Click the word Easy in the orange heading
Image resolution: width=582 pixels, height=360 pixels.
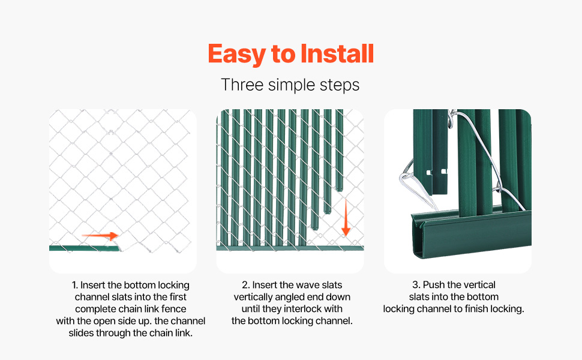(237, 54)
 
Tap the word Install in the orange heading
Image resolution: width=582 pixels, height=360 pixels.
(337, 53)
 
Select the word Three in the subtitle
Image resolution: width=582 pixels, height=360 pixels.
(242, 85)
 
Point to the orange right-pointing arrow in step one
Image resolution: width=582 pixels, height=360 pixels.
(100, 236)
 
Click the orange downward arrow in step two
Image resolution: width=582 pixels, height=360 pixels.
(346, 217)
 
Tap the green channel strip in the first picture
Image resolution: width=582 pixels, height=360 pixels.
(85, 248)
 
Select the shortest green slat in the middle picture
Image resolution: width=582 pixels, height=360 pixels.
(339, 151)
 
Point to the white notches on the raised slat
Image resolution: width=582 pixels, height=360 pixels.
(436, 172)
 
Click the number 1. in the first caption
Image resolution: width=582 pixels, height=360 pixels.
(75, 285)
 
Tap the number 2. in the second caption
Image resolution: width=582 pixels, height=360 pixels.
(246, 285)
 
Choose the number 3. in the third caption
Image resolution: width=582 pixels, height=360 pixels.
(416, 284)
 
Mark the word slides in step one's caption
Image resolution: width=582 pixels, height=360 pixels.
(81, 333)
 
